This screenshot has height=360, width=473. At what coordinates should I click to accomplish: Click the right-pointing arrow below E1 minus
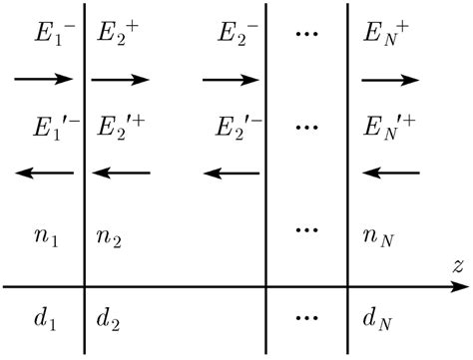pos(44,78)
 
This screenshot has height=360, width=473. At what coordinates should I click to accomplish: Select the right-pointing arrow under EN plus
pos(391,78)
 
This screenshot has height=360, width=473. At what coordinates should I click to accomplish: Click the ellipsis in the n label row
pos(307,232)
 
